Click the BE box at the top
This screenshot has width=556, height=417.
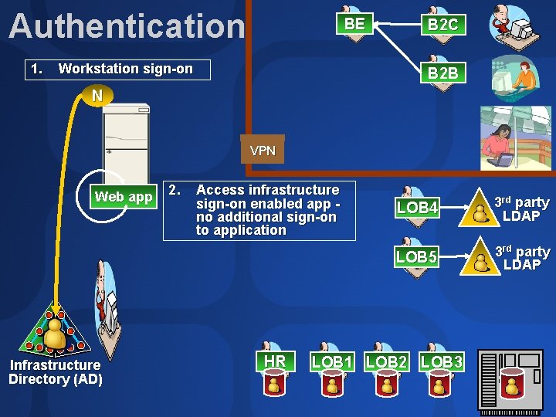pyautogui.click(x=354, y=24)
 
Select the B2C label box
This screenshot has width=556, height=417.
pyautogui.click(x=442, y=25)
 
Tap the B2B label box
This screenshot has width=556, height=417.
pyautogui.click(x=442, y=73)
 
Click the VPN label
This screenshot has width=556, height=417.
pyautogui.click(x=263, y=151)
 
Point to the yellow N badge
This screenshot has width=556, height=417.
pyautogui.click(x=96, y=97)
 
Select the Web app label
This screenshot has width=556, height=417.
pyautogui.click(x=124, y=197)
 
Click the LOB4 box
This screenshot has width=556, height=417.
pyautogui.click(x=417, y=208)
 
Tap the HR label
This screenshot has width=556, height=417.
pyautogui.click(x=275, y=361)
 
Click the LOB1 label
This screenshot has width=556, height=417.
pyautogui.click(x=332, y=361)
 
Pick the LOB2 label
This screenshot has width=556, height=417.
pyautogui.click(x=387, y=361)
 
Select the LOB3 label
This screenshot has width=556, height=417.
pyautogui.click(x=442, y=361)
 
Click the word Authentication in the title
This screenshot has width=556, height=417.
pyautogui.click(x=127, y=26)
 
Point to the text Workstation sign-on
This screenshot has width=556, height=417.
pyautogui.click(x=125, y=69)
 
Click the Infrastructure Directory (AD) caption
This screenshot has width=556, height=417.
pyautogui.click(x=55, y=371)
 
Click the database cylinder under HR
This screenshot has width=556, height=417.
pyautogui.click(x=274, y=384)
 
